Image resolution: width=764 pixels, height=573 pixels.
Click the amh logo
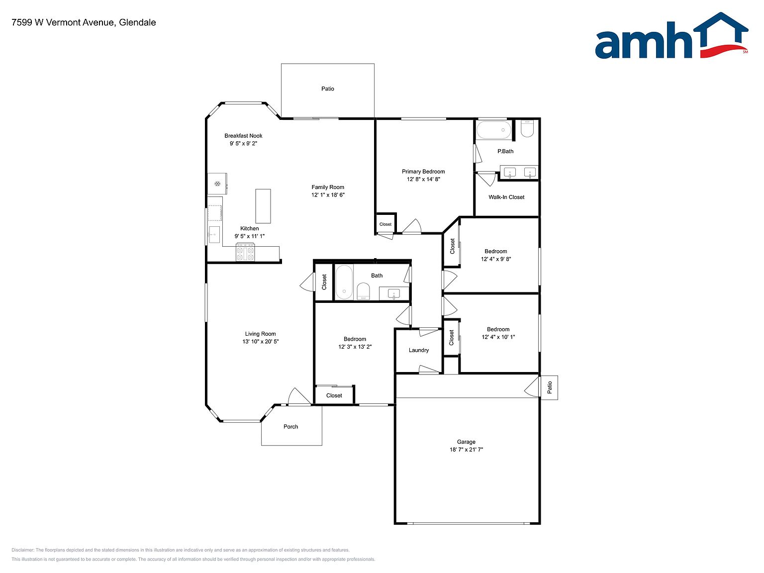click(671, 35)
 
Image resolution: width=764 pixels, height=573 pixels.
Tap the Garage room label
click(466, 442)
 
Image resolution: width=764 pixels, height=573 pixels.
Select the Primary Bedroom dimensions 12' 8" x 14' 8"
click(423, 179)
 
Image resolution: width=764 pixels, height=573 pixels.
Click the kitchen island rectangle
click(263, 206)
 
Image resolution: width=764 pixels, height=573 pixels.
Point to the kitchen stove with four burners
click(245, 252)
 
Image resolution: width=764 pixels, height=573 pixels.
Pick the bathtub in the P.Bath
click(493, 130)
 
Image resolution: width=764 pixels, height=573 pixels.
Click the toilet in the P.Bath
click(527, 129)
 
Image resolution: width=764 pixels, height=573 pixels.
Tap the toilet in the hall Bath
click(363, 291)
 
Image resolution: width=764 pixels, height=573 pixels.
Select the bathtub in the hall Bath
click(344, 282)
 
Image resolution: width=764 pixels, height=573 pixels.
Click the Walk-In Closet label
click(506, 197)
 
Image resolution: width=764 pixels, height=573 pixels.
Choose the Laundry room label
click(419, 350)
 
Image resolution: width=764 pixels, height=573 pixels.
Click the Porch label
click(290, 427)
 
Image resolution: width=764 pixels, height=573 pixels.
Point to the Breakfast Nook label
click(243, 136)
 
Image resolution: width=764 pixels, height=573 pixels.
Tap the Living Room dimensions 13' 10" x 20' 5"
click(260, 342)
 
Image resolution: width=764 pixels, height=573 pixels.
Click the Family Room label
click(328, 187)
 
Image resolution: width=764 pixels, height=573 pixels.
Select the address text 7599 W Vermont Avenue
click(63, 22)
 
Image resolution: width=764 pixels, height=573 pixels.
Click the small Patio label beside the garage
click(550, 387)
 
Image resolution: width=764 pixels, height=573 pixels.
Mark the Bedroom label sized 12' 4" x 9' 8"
click(496, 251)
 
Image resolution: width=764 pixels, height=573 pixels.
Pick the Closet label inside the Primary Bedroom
click(385, 224)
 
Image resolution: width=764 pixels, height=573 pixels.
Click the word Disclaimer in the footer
click(22, 550)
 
